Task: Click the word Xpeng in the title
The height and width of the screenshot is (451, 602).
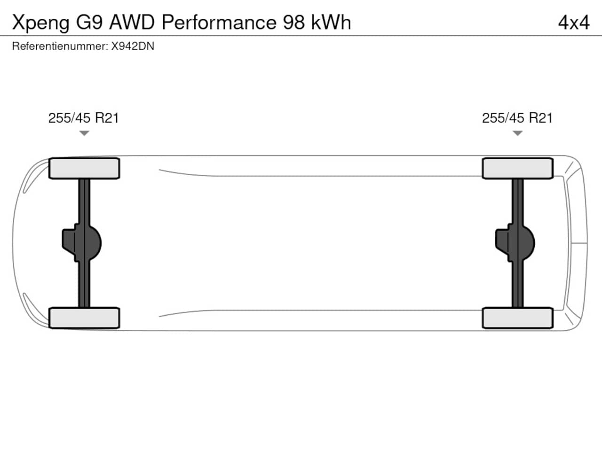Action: tap(40, 23)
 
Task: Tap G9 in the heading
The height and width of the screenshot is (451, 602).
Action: tap(89, 23)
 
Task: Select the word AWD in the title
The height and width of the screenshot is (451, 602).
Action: tap(132, 23)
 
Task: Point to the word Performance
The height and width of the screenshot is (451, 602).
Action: tap(219, 23)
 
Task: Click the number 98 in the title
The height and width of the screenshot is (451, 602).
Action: tap(294, 23)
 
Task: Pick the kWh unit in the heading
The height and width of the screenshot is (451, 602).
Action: tap(331, 23)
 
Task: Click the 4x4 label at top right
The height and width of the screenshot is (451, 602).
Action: tap(573, 23)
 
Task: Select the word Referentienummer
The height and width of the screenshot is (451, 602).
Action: tap(60, 47)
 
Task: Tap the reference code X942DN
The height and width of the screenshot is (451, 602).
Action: tap(133, 47)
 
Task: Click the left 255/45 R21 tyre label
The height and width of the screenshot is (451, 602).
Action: tap(83, 118)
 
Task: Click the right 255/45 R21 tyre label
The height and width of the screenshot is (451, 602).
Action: tap(517, 118)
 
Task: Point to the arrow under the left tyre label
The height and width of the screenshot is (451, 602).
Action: tap(84, 133)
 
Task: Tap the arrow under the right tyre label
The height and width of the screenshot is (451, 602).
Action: tap(517, 133)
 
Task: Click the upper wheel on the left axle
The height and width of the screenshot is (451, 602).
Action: tap(84, 168)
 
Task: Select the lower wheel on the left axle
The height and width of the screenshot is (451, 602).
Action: tap(84, 318)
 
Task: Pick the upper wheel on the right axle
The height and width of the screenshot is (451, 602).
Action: tap(517, 168)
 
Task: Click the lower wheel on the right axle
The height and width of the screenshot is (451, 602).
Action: tap(517, 318)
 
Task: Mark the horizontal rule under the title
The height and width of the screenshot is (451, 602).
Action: tap(301, 36)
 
